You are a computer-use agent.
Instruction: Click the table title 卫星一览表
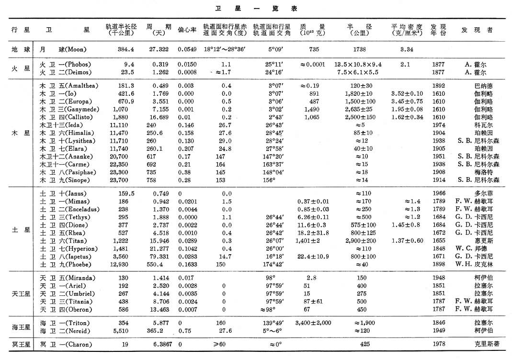(255, 8)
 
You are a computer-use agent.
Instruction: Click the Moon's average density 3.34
(407, 49)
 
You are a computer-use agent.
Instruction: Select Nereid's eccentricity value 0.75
(184, 331)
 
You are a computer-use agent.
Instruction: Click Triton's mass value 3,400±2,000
(314, 323)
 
